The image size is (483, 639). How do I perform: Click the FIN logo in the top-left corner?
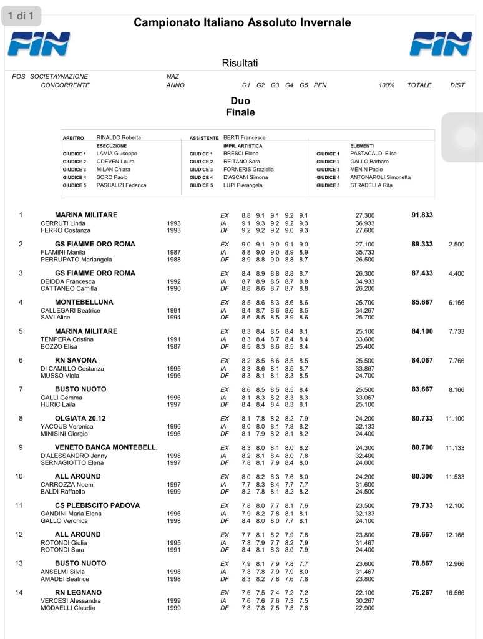pos(39,44)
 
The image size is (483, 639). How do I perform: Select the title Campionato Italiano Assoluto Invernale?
pos(242,23)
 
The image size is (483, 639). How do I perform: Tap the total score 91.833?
pos(422,215)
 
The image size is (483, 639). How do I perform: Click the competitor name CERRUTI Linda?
pos(63,223)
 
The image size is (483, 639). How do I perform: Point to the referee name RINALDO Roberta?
pos(119,137)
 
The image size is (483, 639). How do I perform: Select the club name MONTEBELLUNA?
pos(84,302)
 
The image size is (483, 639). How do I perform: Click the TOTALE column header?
pos(419,85)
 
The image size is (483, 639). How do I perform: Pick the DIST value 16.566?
pos(455,593)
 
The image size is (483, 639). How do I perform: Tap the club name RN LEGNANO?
pos(78,592)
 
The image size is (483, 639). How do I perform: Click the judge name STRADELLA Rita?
pos(371,185)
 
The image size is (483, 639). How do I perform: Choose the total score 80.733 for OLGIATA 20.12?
pos(422,418)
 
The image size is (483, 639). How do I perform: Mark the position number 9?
pos(21,447)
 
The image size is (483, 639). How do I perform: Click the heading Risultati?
pos(240,63)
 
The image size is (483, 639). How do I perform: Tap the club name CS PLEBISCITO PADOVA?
pos(97,505)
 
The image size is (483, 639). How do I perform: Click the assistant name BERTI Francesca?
pos(245,137)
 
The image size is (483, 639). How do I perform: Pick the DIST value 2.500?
pos(456,245)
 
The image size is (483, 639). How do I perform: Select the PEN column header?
pos(320,85)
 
